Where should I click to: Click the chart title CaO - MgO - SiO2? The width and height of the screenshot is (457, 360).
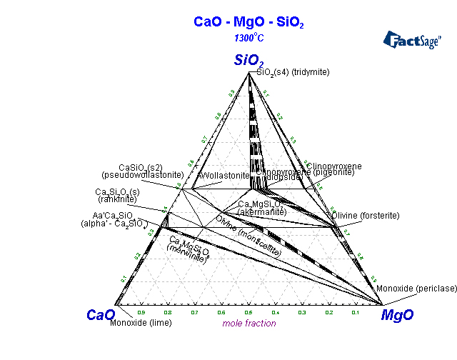pyautogui.click(x=248, y=22)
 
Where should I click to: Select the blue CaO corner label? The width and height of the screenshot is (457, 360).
pyautogui.click(x=101, y=314)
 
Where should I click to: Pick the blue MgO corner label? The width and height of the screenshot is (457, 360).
pyautogui.click(x=397, y=314)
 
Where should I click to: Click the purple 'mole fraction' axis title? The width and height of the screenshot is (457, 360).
pyautogui.click(x=248, y=323)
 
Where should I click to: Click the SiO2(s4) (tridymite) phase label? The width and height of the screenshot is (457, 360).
pyautogui.click(x=298, y=73)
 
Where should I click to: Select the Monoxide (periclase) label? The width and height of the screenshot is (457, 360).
pyautogui.click(x=416, y=288)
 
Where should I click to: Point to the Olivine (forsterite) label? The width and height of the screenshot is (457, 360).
pyautogui.click(x=366, y=215)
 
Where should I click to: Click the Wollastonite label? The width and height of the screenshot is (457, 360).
pyautogui.click(x=224, y=175)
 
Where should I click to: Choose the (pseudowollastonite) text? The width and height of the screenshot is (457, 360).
pyautogui.click(x=143, y=174)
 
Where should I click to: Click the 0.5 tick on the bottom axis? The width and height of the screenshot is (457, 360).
pyautogui.click(x=248, y=312)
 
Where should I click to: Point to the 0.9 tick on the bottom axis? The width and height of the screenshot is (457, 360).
pyautogui.click(x=141, y=312)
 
